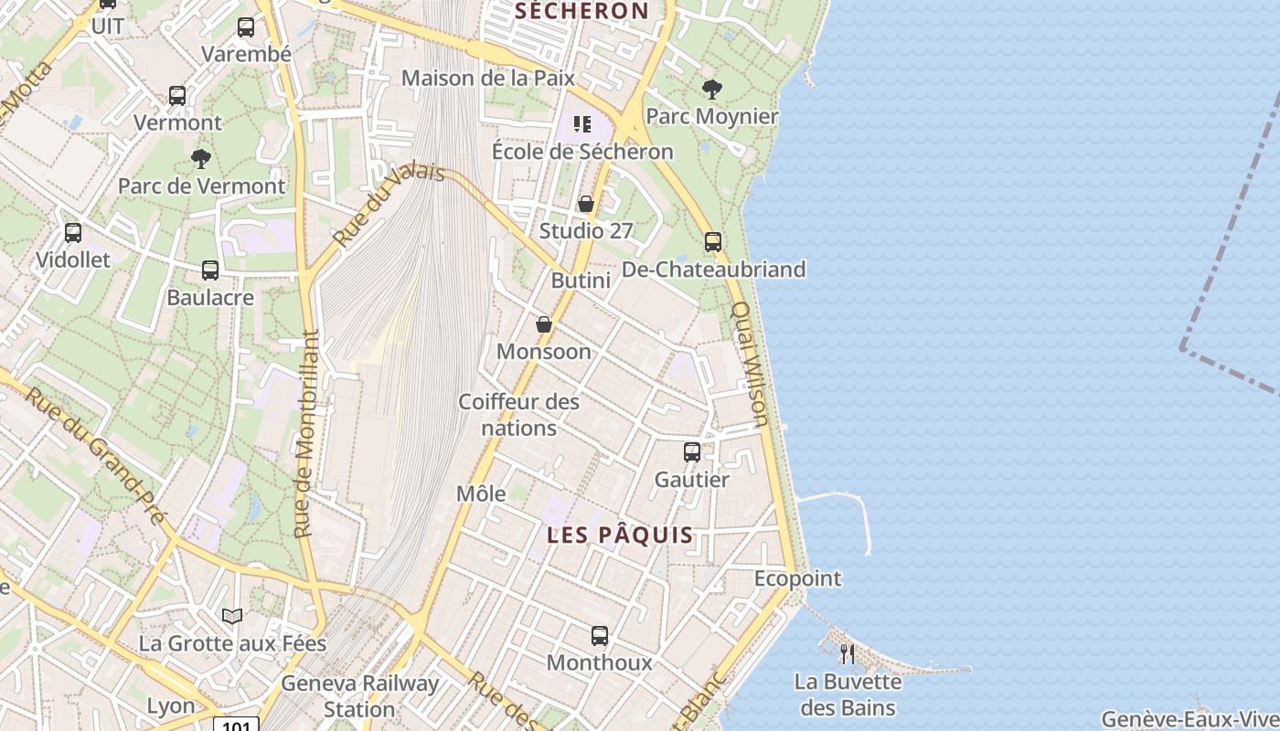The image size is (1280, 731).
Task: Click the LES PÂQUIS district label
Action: [620, 535]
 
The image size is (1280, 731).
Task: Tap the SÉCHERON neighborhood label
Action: [581, 11]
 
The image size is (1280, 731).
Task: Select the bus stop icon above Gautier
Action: [692, 452]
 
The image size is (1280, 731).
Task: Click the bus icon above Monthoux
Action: [600, 636]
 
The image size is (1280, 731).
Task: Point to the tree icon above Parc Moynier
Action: [712, 90]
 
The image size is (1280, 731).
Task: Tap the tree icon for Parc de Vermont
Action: [201, 160]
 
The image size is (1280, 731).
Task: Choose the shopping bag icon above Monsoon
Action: [544, 324]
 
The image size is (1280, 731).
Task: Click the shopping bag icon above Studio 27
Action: [586, 204]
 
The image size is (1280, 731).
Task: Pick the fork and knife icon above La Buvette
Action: [848, 654]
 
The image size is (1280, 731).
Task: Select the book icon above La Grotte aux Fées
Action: [232, 617]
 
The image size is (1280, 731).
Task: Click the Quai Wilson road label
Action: [748, 365]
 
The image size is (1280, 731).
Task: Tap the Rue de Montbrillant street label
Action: [305, 433]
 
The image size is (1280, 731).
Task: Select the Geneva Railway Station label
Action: [359, 695]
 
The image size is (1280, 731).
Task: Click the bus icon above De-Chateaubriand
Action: [713, 242]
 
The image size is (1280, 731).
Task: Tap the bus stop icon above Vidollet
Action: [73, 233]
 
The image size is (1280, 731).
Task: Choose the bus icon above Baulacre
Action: [210, 270]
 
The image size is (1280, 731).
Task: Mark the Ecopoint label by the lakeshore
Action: [797, 578]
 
